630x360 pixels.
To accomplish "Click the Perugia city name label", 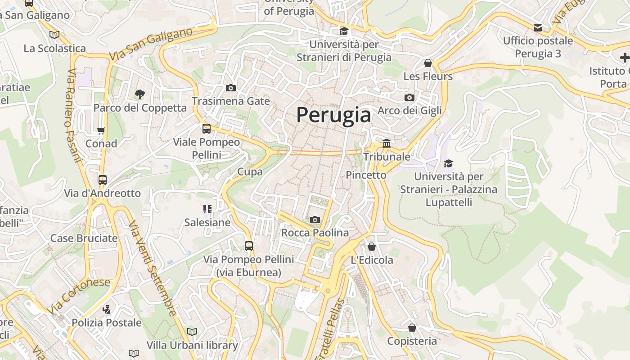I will point(333,115).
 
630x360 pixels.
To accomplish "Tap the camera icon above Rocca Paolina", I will point(315,220).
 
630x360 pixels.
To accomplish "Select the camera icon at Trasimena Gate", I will point(231,88).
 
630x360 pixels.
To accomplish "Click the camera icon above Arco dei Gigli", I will point(409,97).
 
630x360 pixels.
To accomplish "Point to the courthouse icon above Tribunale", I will point(387,144).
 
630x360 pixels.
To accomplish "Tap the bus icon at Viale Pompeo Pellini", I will point(207,129).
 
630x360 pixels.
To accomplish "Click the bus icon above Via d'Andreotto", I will point(103,180).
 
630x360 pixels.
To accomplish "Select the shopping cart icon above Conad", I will point(101,130).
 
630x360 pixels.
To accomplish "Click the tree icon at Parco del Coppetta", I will point(140,94).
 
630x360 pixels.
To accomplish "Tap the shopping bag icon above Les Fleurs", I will point(428,63).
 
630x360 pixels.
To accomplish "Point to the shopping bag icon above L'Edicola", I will point(372,247).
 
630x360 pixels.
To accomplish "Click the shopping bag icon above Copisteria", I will point(412,328).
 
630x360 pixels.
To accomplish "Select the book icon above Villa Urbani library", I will point(192,332).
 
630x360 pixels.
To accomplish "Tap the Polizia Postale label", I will point(107,323).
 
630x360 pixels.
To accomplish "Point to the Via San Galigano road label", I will point(151,44).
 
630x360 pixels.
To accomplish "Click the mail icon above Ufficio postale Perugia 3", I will point(538,28).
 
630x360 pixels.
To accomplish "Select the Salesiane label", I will point(207,222).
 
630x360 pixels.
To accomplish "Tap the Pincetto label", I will point(366,175).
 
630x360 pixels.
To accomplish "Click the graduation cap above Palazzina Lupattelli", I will point(448,163).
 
